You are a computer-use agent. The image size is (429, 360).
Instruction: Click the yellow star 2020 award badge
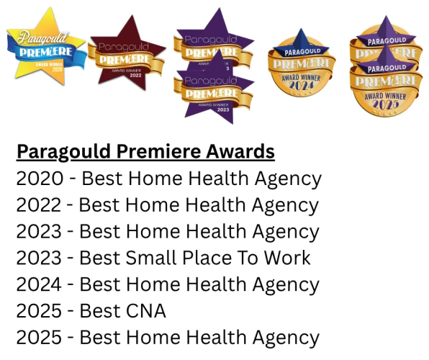45,45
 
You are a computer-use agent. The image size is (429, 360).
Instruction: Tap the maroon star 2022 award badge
127,54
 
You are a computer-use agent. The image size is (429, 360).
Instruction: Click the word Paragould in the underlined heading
60,152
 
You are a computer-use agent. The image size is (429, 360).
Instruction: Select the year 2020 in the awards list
37,179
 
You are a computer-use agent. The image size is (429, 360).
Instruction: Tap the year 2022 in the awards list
37,205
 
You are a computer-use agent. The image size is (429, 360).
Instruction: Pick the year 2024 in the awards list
37,284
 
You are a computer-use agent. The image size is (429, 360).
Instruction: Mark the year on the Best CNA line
37,311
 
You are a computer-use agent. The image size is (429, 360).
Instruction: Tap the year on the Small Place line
37,258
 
